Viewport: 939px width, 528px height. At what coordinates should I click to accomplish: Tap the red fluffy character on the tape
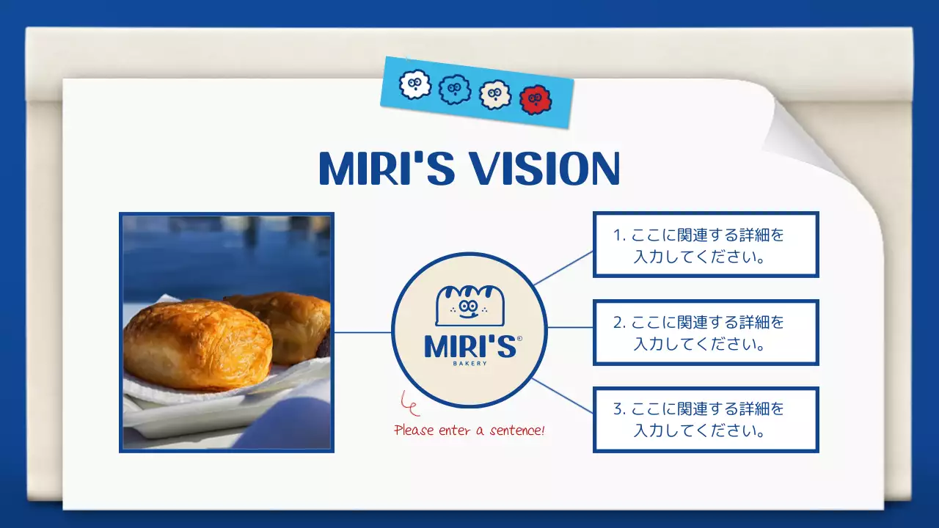(x=535, y=100)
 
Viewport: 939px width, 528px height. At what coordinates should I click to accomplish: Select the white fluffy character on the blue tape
(x=414, y=85)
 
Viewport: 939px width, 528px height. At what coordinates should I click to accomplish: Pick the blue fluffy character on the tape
(x=454, y=90)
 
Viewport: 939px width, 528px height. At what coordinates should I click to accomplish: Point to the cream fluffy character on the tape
(x=494, y=95)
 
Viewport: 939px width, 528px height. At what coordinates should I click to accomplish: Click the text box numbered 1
(x=705, y=245)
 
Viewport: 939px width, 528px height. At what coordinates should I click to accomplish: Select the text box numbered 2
(x=705, y=332)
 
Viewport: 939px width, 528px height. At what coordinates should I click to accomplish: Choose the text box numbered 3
(x=705, y=419)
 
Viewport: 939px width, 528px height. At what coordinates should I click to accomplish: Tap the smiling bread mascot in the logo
(x=469, y=305)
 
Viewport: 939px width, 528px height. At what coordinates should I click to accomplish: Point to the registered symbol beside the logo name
(x=519, y=339)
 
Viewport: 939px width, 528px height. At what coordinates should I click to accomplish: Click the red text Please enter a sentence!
(x=469, y=430)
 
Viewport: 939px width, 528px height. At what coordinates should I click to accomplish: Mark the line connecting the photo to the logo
(x=362, y=332)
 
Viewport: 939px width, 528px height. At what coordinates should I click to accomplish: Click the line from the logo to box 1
(x=563, y=267)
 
